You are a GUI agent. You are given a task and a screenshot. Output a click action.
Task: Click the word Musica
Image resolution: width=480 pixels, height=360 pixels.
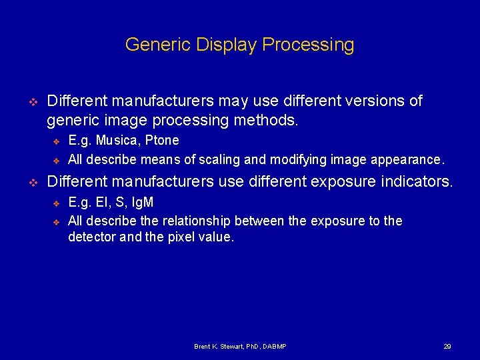coord(117,141)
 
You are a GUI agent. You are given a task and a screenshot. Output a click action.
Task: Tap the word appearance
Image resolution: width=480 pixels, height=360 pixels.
coord(407,160)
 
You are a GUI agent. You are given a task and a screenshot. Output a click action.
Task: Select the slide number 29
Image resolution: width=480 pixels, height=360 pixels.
coord(447,347)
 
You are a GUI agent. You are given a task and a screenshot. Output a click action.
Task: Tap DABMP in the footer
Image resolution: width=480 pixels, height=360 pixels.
coord(273,347)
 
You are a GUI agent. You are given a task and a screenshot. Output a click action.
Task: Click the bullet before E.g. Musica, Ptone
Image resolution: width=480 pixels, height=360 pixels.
coord(57,141)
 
